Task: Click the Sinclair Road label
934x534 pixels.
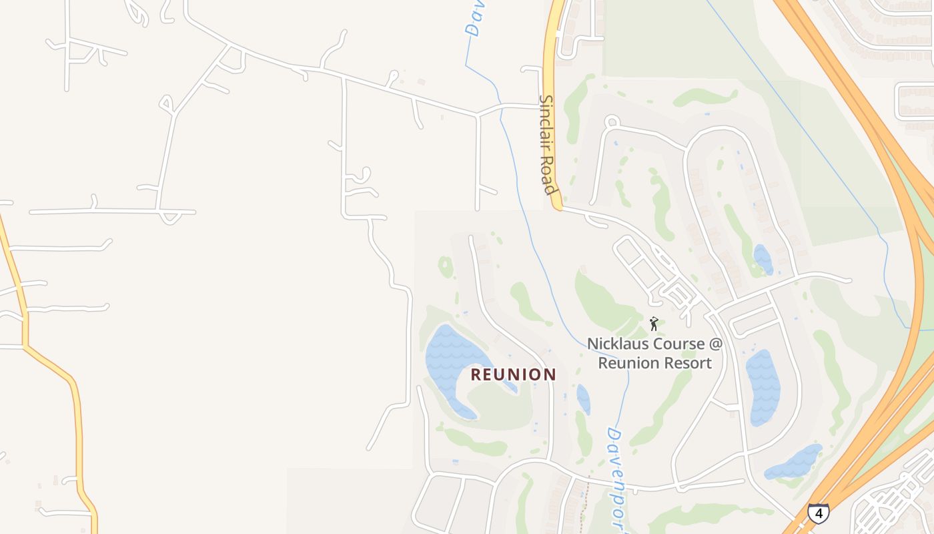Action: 548,145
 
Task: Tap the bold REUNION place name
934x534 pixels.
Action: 513,374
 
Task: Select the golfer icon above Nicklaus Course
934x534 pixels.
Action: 654,324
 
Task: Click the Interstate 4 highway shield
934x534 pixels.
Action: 818,513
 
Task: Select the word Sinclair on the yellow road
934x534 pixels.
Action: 547,127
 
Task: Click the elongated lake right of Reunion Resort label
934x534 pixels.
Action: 763,387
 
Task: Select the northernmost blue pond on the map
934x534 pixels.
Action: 763,259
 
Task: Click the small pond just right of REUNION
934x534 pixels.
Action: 583,398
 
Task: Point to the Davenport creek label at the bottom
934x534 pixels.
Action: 617,477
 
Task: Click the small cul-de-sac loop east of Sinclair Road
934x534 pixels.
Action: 612,121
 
